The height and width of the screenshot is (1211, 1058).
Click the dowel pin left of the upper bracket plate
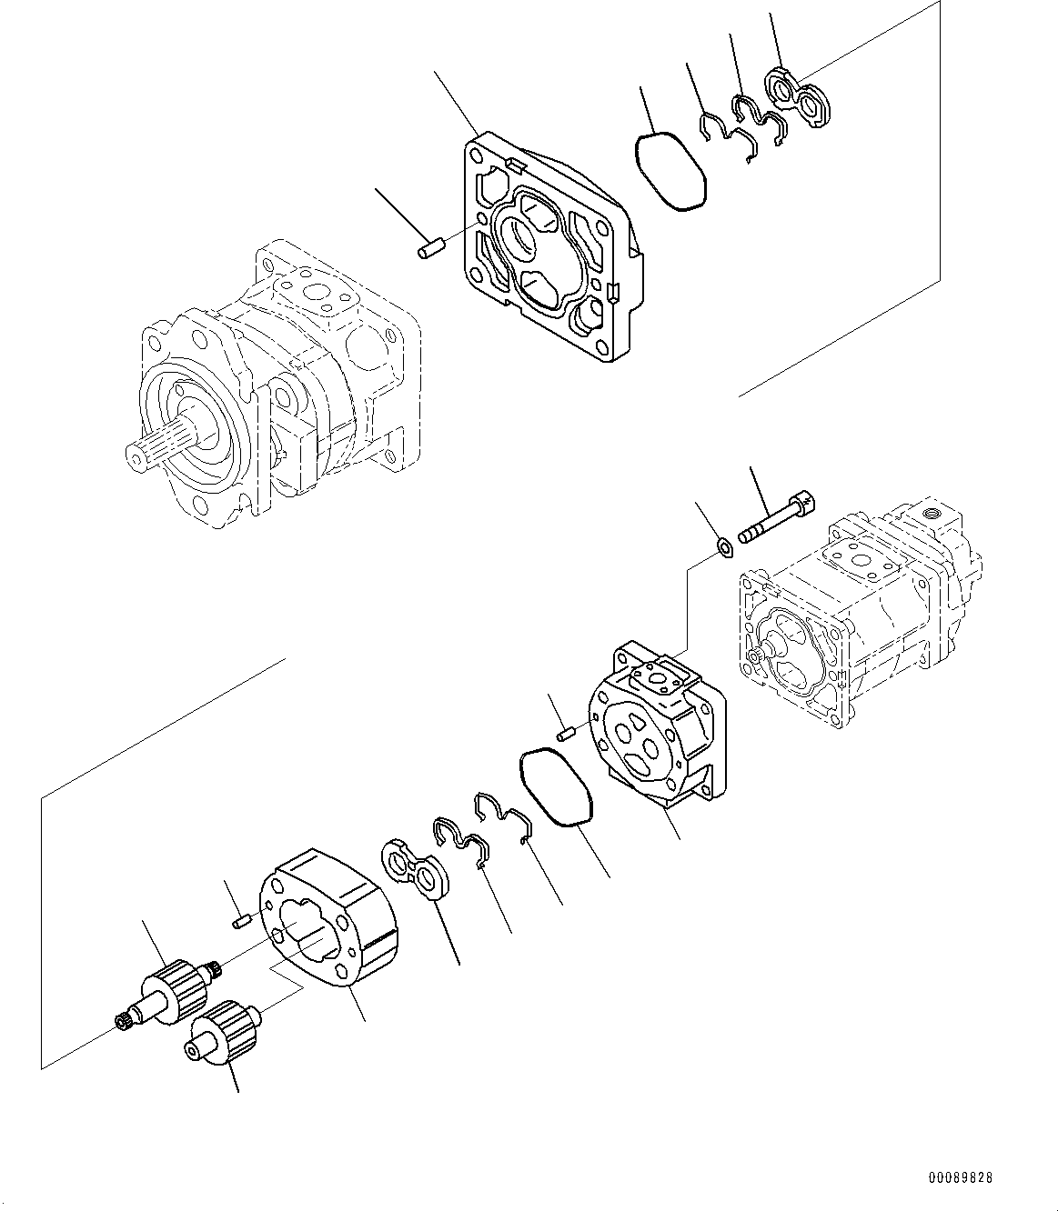pyautogui.click(x=428, y=247)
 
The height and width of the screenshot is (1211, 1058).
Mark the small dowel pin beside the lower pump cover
pyautogui.click(x=566, y=730)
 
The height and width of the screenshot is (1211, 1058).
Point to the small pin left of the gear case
pyautogui.click(x=240, y=924)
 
